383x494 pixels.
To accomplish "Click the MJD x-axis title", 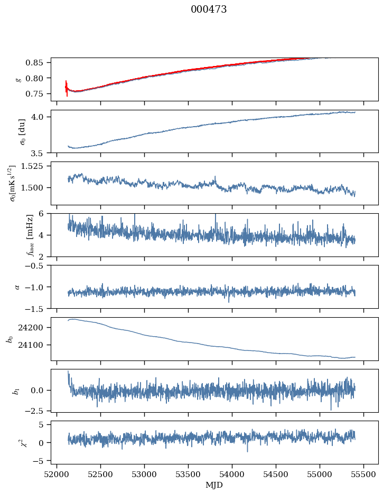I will click(214, 485).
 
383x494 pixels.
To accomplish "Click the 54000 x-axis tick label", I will click(232, 474).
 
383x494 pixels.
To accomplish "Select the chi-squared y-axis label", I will click(15, 442).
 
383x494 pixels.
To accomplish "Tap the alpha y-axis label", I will click(17, 287).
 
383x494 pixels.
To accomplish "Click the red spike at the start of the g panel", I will click(67, 88).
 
